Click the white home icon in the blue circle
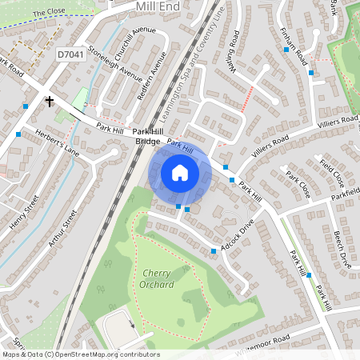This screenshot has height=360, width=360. tap(180, 172)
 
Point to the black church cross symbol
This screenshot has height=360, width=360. tap(50, 102)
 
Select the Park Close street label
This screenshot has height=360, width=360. tap(298, 186)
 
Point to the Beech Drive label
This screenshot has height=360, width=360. tap(342, 249)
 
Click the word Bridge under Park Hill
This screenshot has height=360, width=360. tap(147, 142)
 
